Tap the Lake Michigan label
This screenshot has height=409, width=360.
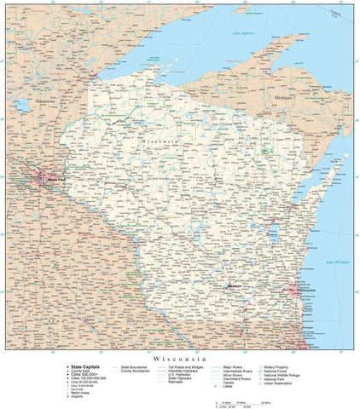(x=338, y=262)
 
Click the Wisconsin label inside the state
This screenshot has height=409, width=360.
(x=160, y=138)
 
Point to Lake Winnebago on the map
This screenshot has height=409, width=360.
(x=274, y=233)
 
